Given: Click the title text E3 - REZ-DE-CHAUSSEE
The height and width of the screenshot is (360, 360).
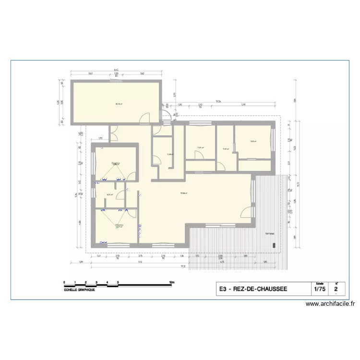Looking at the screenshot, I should pyautogui.click(x=252, y=289).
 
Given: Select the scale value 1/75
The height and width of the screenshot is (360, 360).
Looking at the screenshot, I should pyautogui.click(x=319, y=290).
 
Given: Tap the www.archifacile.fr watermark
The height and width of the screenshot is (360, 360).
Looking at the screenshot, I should pyautogui.click(x=330, y=304).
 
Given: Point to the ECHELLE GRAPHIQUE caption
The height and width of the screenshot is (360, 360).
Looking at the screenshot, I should pyautogui.click(x=79, y=290).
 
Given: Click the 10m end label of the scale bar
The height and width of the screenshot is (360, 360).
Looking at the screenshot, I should pyautogui.click(x=171, y=282).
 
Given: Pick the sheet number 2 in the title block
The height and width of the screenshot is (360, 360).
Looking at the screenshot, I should pyautogui.click(x=336, y=290).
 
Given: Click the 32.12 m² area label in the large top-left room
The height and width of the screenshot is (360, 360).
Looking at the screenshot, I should pyautogui.click(x=118, y=104).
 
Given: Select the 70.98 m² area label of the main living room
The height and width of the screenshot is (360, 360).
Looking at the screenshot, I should pyautogui.click(x=183, y=194).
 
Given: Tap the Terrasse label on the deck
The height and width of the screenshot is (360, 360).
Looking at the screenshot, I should pyautogui.click(x=270, y=234).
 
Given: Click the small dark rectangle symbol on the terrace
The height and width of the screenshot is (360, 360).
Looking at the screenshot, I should pyautogui.click(x=275, y=245).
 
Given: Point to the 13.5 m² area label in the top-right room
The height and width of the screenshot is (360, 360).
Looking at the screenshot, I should pyautogui.click(x=253, y=141).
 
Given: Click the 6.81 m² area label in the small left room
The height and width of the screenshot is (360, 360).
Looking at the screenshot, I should pyautogui.click(x=109, y=195).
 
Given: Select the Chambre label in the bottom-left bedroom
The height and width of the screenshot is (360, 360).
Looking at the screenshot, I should pyautogui.click(x=119, y=225).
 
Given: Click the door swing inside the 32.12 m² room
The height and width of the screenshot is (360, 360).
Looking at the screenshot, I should pyautogui.click(x=145, y=118).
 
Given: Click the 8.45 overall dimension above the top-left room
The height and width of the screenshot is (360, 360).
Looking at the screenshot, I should pyautogui.click(x=116, y=71).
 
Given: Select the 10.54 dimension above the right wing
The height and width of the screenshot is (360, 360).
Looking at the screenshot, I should pyautogui.click(x=218, y=101).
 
